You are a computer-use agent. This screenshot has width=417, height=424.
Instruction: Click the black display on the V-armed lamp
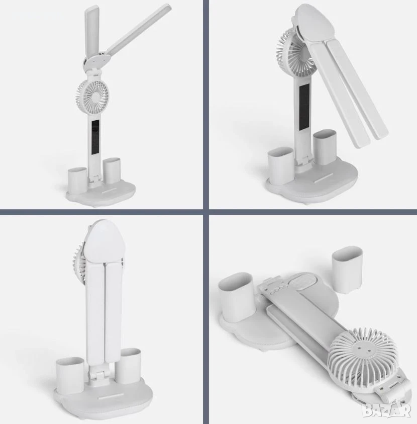pos(95,137)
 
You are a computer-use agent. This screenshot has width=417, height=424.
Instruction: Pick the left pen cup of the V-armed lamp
pos(77,181)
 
